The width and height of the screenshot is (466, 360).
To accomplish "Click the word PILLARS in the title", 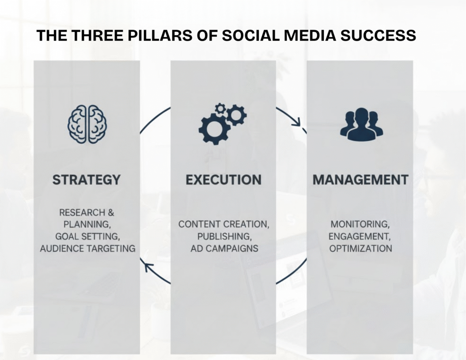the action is tap(160, 35).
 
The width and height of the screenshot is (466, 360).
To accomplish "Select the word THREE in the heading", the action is tap(97, 35).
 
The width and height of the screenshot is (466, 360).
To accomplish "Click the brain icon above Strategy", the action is tap(87, 124).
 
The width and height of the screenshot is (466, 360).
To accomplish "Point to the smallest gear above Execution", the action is tap(220, 108).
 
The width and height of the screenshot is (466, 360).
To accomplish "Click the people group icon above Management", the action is tap(361, 124).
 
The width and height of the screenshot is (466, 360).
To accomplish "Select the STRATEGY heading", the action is tap(86, 180).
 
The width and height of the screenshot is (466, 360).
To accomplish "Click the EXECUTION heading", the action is tap(223, 180).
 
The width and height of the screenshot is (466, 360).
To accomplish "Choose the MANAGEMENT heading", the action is tap(360, 180).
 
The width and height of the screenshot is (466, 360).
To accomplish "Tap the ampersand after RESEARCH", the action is tap(111, 213).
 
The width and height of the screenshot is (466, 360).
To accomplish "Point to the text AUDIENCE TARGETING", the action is tap(88, 248).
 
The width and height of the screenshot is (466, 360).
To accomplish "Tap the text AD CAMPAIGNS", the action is tap(224, 248).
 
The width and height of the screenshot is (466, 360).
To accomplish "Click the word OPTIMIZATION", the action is tap(360, 248).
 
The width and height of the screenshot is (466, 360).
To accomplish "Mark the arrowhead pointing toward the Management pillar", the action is tap(297, 121).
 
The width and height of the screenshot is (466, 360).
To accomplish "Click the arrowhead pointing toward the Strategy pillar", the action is tap(148, 267).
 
